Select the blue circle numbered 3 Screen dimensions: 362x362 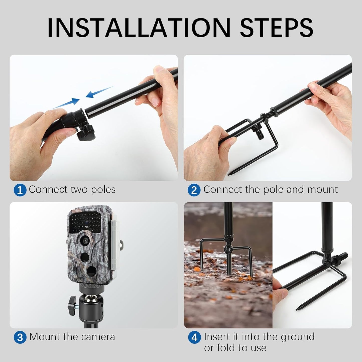pyautogui.click(x=20, y=337)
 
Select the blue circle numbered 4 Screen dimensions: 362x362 pyautogui.click(x=194, y=337)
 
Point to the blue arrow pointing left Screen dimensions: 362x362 pyautogui.click(x=99, y=92)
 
